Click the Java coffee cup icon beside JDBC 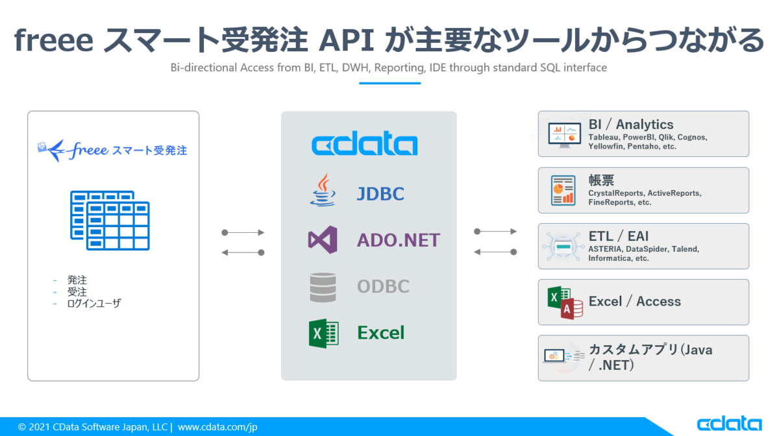click(323, 191)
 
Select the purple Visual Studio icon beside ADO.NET click(323, 239)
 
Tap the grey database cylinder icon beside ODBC click(323, 287)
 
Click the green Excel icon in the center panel click(323, 333)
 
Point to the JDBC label click(380, 193)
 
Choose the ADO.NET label click(398, 240)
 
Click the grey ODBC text click(383, 286)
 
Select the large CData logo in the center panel click(364, 144)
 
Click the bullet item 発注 click(77, 280)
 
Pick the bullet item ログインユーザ click(93, 303)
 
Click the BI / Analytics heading click(630, 125)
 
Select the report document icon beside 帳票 click(563, 190)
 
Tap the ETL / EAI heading click(618, 236)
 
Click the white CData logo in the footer click(729, 424)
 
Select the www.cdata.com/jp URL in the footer click(217, 427)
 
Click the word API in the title click(349, 40)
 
